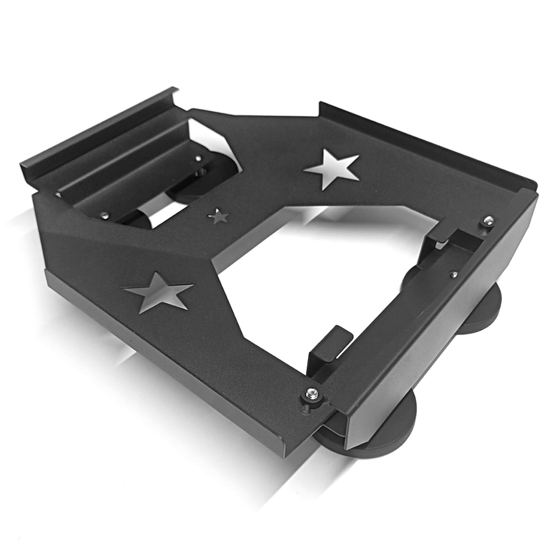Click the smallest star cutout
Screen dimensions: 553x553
(218, 217)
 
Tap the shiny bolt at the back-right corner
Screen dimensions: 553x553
(488, 220)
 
